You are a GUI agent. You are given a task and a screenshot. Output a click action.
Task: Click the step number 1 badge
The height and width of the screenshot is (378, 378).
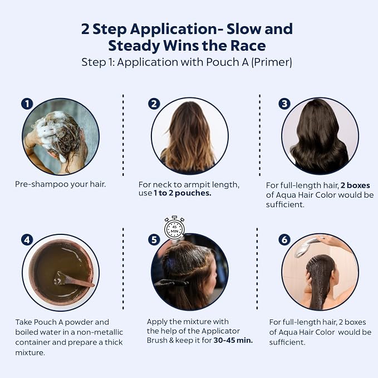[27, 104]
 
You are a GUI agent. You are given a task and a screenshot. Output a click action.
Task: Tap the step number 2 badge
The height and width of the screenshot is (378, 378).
[154, 104]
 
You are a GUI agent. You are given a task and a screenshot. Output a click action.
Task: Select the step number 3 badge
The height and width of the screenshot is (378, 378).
[284, 104]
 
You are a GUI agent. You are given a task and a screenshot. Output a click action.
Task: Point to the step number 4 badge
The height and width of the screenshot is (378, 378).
[27, 240]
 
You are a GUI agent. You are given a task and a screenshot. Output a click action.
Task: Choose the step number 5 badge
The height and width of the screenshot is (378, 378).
[154, 240]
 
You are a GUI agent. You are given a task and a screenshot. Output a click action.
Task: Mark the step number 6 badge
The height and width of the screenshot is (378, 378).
[284, 239]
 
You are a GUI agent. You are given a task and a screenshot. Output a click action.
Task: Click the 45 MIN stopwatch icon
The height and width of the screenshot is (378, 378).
[175, 227]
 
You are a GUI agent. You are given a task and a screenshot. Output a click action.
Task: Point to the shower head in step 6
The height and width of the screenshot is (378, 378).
[306, 247]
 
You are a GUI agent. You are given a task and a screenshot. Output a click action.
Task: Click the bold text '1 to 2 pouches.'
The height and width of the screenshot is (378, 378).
[182, 193]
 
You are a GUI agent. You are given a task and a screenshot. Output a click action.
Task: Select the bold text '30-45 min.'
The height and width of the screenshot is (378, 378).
[233, 340]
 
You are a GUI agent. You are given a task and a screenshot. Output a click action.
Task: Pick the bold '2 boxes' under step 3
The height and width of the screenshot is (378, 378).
[355, 185]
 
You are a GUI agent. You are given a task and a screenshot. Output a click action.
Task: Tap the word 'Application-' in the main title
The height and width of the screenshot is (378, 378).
[174, 30]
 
